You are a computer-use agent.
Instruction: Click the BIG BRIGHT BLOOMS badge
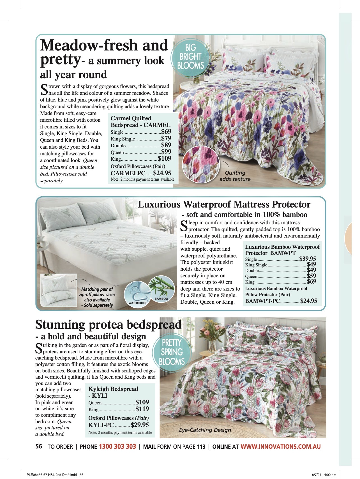coord(190,56)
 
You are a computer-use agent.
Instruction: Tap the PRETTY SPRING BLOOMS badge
coord(172,352)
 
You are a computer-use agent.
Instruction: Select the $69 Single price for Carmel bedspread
coord(166,132)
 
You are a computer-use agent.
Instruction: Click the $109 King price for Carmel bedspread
coord(165,158)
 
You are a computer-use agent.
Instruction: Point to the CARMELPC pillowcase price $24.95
coord(162,173)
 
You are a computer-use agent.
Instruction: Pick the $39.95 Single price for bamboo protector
coord(308,259)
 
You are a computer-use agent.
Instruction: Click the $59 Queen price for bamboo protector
coord(311,276)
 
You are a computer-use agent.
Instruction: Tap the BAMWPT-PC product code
coord(262,301)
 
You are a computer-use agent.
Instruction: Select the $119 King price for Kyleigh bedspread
coord(142,409)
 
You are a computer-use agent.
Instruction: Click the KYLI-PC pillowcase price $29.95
coord(140,425)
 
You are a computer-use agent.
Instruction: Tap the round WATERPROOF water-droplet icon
coord(138,294)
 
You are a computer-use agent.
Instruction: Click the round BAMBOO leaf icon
coord(161,289)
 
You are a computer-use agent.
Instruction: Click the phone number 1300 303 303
coord(117,446)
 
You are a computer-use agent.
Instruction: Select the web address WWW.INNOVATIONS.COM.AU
coord(280,446)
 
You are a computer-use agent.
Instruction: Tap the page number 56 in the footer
coord(39,446)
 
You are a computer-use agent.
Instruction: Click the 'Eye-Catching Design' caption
coord(205,430)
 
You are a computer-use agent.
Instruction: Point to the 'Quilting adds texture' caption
coord(235,176)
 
